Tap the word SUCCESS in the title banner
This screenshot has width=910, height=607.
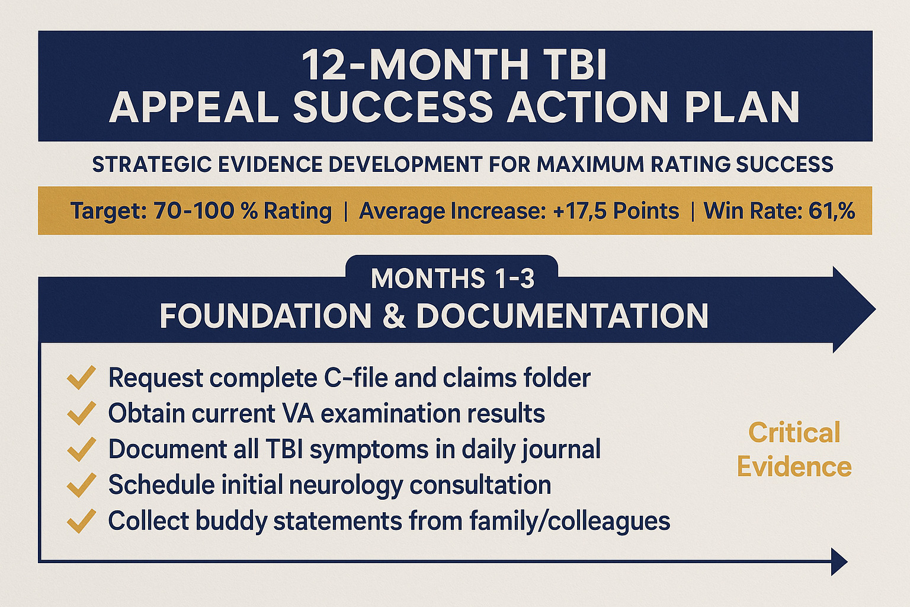(x=392, y=107)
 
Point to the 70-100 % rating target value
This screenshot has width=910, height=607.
(x=206, y=211)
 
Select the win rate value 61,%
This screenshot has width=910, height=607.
(x=831, y=211)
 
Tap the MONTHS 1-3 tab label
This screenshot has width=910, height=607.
(x=453, y=278)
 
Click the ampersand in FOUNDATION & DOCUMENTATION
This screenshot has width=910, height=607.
(x=394, y=316)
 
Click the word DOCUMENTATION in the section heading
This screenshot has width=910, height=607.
(x=562, y=316)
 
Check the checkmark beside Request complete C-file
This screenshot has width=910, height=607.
(x=81, y=378)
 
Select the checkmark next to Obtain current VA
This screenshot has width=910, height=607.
(x=81, y=413)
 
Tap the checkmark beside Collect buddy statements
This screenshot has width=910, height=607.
(x=81, y=521)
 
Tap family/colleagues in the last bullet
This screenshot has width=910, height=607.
(x=569, y=521)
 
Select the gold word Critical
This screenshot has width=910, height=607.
(x=794, y=432)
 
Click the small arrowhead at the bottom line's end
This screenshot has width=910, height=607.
(x=838, y=561)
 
